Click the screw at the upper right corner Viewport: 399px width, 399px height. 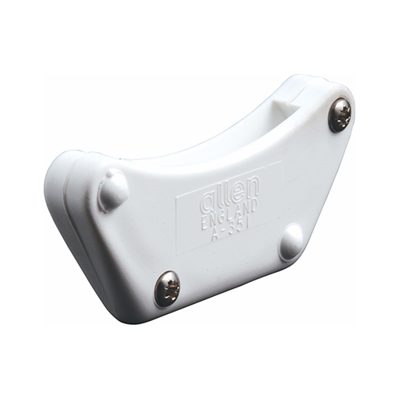pyautogui.click(x=340, y=115)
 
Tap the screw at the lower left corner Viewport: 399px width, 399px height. pyautogui.click(x=167, y=288)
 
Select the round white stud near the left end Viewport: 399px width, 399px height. pyautogui.click(x=114, y=189)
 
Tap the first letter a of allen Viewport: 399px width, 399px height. pyautogui.click(x=207, y=201)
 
